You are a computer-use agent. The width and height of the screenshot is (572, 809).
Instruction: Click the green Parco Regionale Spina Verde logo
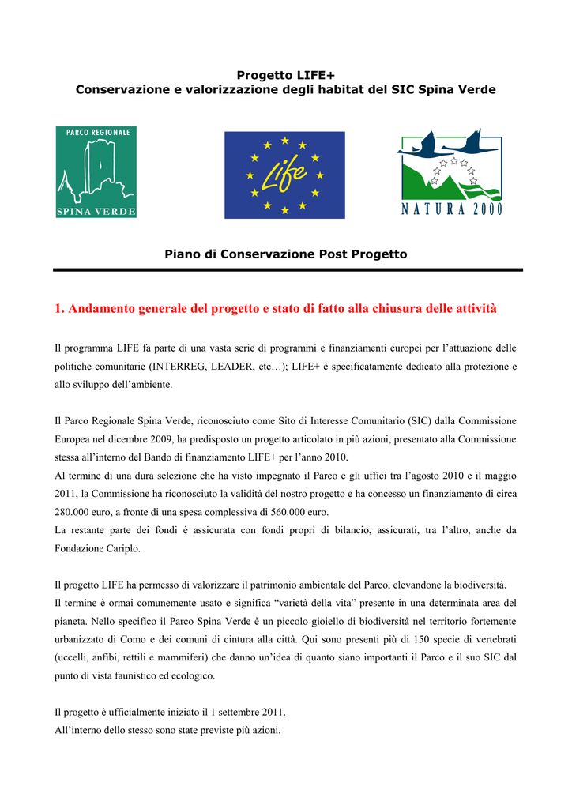click(x=96, y=171)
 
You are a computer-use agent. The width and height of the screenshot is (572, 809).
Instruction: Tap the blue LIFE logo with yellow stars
click(x=284, y=175)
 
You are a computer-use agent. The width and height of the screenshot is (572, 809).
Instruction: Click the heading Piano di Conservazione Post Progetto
click(x=285, y=254)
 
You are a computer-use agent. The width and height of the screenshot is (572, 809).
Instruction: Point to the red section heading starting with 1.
click(x=276, y=308)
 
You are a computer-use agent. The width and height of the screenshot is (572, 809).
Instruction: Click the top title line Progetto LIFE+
click(x=285, y=75)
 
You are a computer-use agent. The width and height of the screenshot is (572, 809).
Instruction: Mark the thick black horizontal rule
click(x=288, y=270)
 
